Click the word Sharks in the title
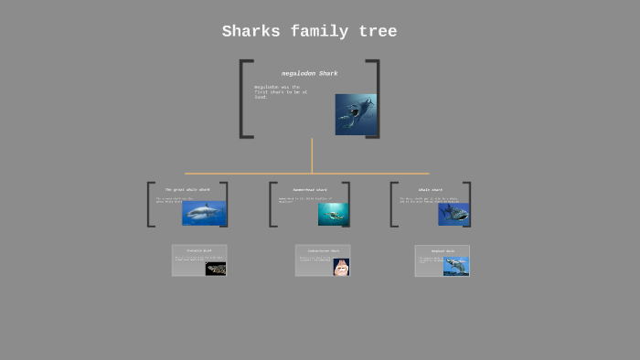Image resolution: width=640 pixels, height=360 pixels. [x=251, y=32]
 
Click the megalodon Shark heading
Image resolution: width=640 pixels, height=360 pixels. [x=309, y=73]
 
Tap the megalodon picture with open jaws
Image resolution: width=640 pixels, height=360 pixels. [x=355, y=114]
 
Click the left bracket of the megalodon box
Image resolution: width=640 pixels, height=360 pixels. [x=244, y=99]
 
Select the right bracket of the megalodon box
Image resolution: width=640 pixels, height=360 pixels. [x=374, y=99]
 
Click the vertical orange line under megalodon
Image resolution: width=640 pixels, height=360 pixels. [x=312, y=155]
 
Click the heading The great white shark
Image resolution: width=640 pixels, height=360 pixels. [x=187, y=190]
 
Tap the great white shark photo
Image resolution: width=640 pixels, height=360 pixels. [x=204, y=213]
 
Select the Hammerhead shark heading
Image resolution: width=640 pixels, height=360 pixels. [x=309, y=190]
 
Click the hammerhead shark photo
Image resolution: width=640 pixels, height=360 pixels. [x=334, y=214]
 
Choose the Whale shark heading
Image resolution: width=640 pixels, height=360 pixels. [x=430, y=190]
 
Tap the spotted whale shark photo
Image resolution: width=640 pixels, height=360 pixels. [x=453, y=214]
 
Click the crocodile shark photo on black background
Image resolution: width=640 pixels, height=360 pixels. [x=216, y=269]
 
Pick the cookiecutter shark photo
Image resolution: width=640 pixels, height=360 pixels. [x=341, y=267]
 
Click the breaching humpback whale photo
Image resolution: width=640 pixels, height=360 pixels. [x=456, y=266]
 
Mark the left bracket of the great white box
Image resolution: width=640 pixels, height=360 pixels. [x=150, y=205]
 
